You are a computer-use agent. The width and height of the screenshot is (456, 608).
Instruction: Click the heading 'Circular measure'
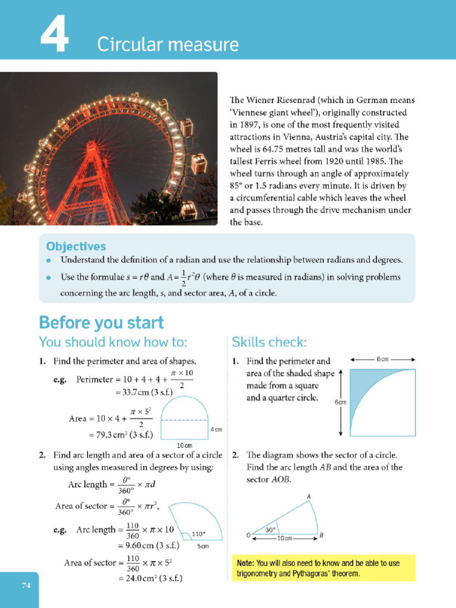pos(168,45)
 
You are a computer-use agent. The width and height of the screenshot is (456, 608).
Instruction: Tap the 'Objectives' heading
pos(76,246)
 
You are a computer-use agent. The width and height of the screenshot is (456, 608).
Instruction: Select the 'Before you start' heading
pos(101,322)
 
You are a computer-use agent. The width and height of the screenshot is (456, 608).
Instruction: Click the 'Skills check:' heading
pos(269,342)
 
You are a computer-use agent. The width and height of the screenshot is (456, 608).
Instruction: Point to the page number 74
pos(26,585)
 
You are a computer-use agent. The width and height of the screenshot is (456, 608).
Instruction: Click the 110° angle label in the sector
pos(199,533)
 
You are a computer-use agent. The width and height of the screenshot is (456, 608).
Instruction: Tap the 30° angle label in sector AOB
pos(270,529)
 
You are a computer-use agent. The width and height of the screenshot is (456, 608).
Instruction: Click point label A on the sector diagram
pos(309,496)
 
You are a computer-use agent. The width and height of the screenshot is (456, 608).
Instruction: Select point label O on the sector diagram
pos(248,535)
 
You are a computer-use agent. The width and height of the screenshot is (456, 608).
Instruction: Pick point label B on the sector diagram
pos(321,535)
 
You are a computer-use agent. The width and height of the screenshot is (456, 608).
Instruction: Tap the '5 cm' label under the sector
pos(203,546)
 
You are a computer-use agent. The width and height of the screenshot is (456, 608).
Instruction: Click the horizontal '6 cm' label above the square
pos(382,359)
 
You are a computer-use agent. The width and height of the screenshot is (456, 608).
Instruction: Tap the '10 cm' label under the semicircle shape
pos(184,445)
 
